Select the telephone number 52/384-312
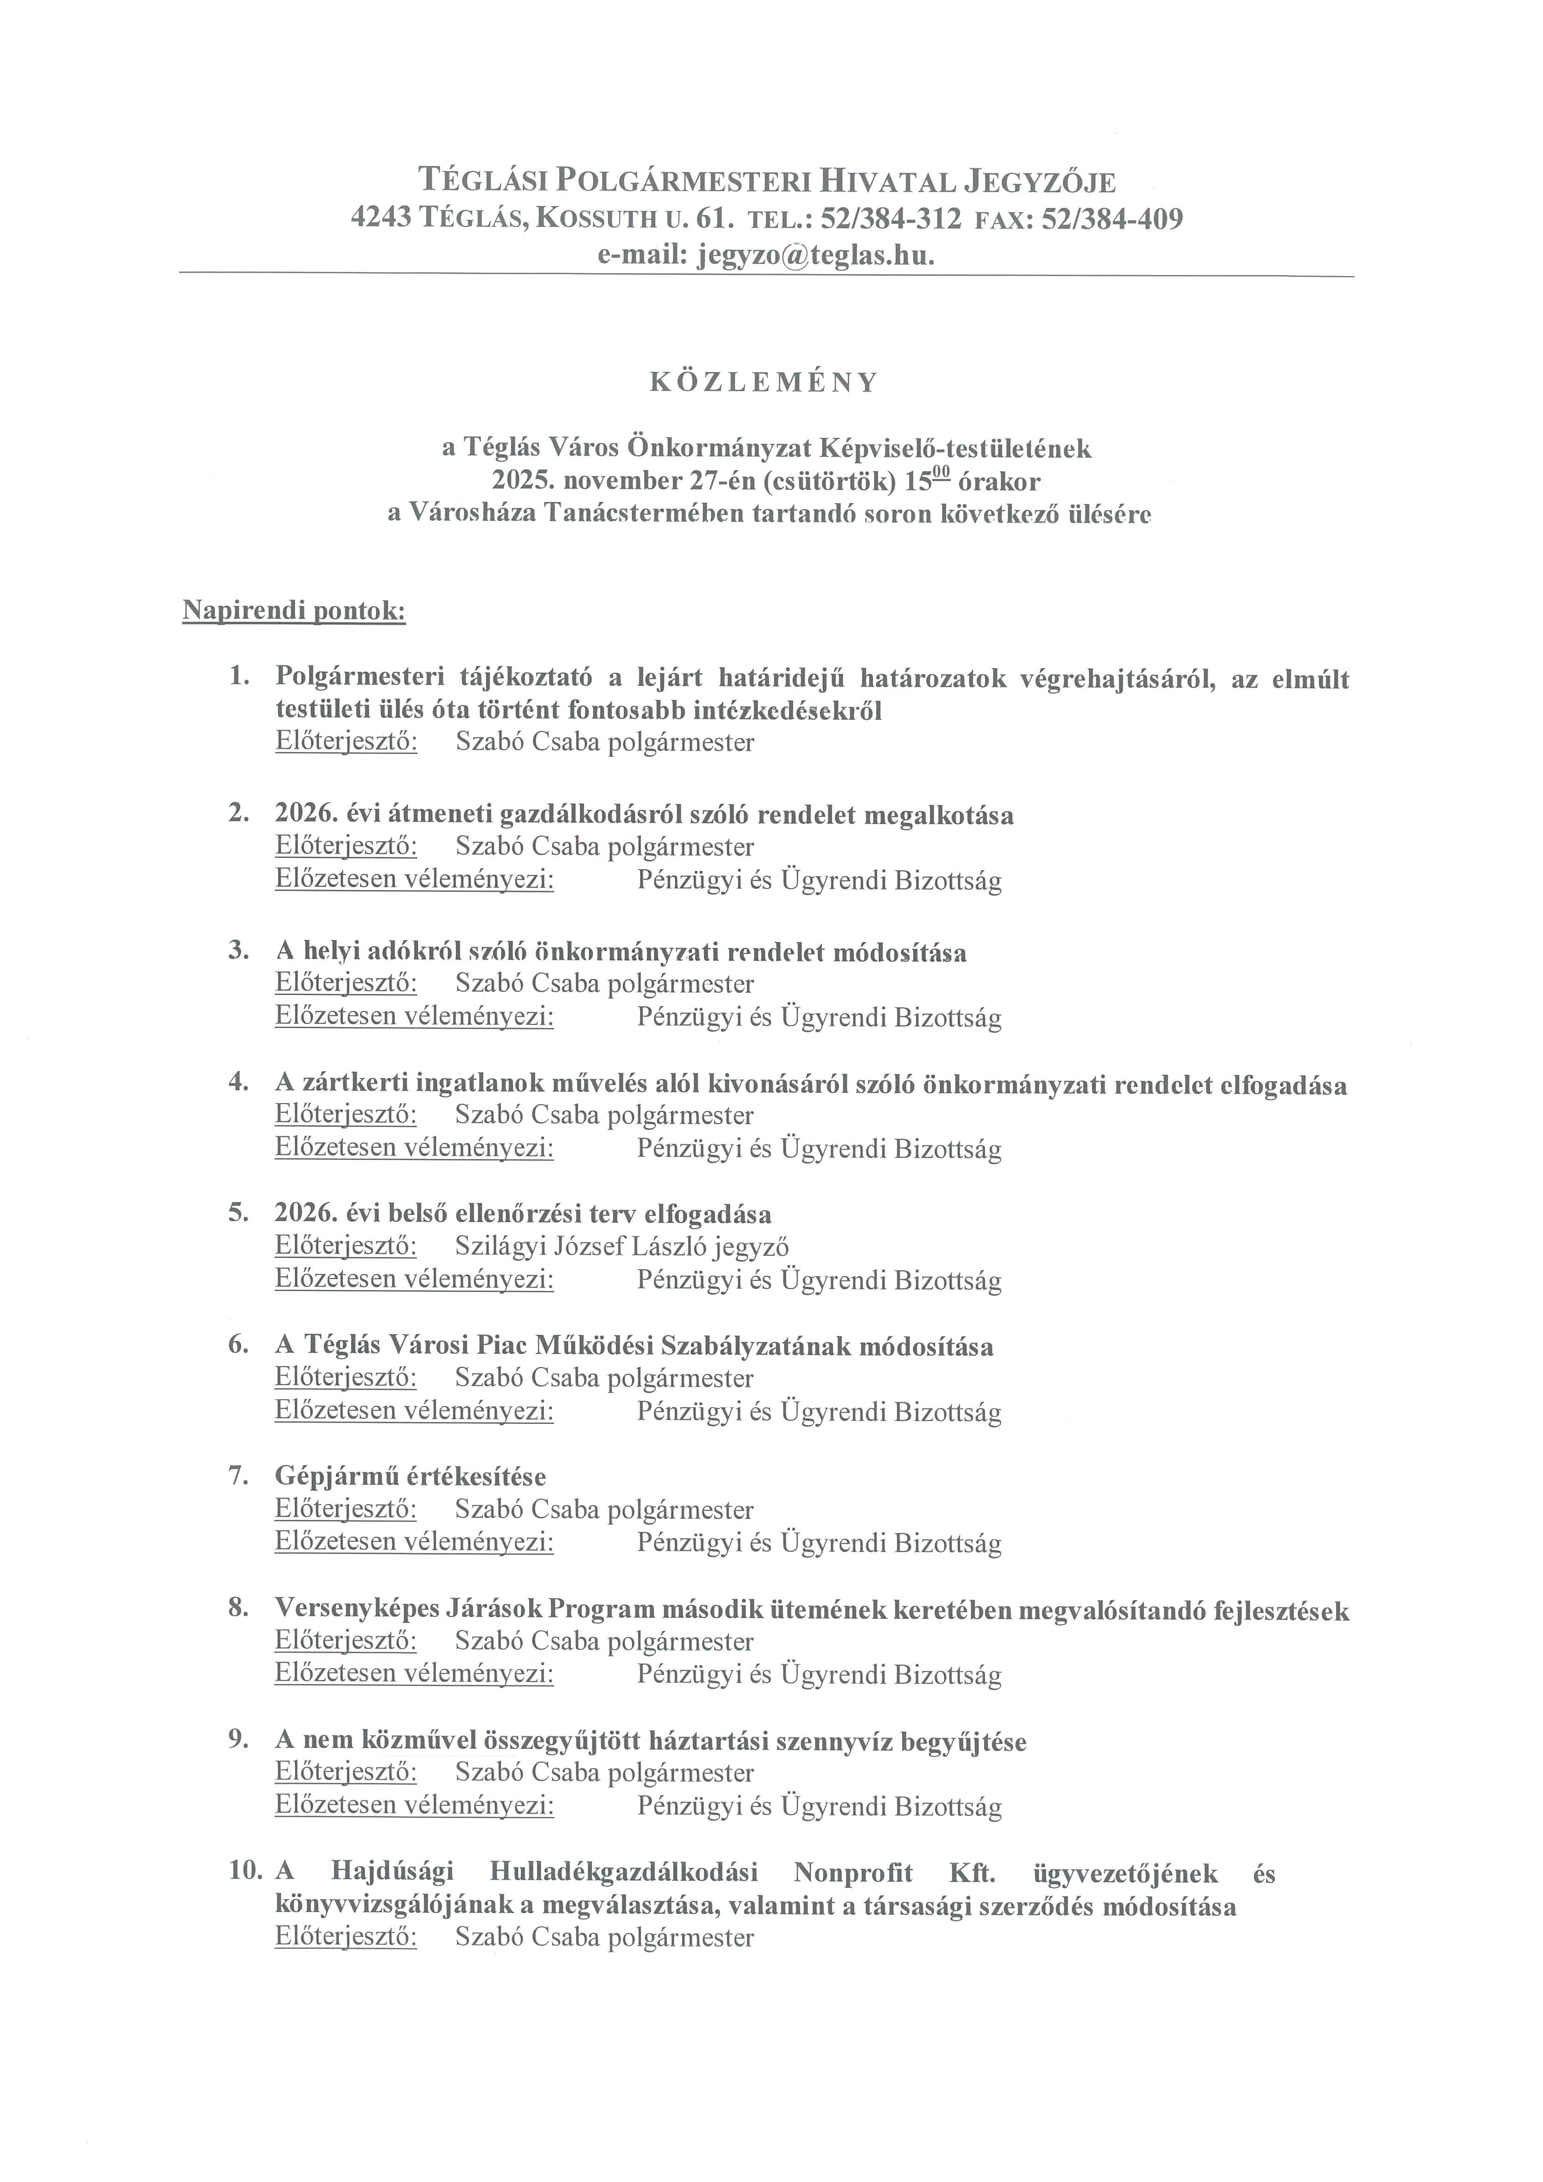pyautogui.click(x=890, y=220)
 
